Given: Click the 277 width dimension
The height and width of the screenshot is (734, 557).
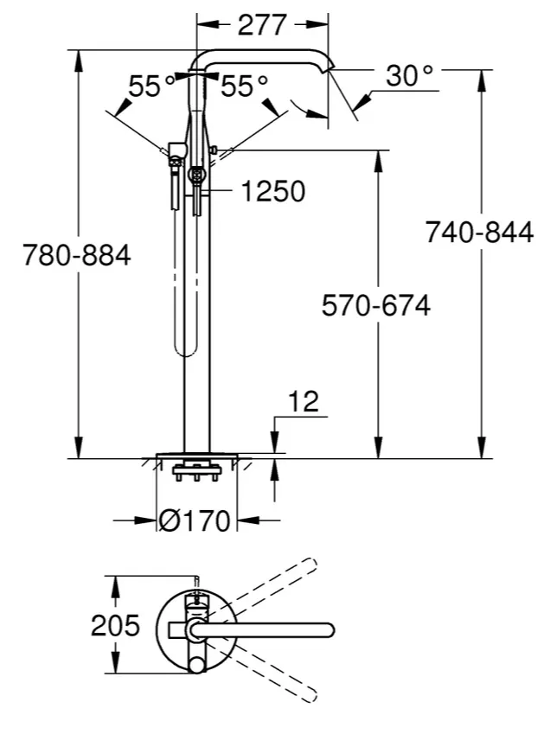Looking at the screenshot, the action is tap(262, 25).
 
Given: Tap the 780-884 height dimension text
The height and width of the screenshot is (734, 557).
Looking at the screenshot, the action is tap(77, 256).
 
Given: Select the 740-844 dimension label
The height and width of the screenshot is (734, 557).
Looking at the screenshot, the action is tap(479, 232).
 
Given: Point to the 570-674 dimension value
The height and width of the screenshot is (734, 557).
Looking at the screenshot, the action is tap(375, 306).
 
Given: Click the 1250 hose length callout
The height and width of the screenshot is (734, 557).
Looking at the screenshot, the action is tap(273, 191).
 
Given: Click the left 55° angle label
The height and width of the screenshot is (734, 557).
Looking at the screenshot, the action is tap(151, 86).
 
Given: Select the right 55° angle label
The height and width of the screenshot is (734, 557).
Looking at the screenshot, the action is tap(244, 86).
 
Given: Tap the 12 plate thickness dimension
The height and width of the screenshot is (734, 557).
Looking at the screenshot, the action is tap(304, 401).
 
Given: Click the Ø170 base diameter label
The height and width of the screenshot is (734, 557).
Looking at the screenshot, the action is tap(195, 520).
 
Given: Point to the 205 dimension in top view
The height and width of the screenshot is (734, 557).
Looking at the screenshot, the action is tap(115, 625).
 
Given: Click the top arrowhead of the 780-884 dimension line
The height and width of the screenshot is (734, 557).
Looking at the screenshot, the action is tap(80, 60).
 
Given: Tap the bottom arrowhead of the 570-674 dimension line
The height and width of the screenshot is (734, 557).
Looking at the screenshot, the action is tap(378, 448).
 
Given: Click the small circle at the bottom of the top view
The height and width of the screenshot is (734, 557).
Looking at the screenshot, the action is tap(196, 665).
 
